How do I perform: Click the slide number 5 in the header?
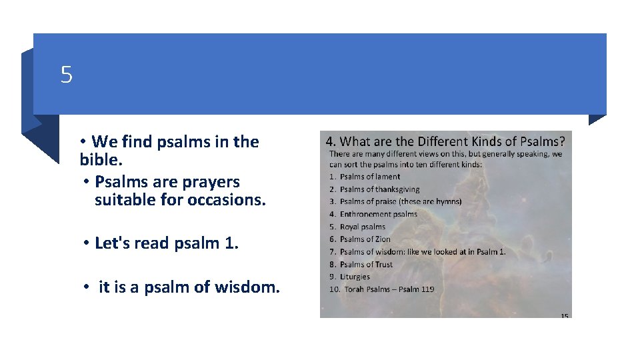pos(66,75)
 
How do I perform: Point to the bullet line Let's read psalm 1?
pos(166,243)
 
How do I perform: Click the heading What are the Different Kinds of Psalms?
pos(445,141)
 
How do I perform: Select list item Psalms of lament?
pos(369,177)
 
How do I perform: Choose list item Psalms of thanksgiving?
pos(379,189)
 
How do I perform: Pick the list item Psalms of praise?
pos(400,201)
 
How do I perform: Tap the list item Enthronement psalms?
pos(378,214)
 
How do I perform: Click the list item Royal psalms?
pos(362,227)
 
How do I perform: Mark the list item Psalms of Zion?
pos(365,239)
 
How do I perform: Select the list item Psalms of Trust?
pos(366,265)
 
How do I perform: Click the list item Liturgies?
pos(355,277)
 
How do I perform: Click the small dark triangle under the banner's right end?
pos(597,119)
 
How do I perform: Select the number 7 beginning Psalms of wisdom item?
pos(332,252)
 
